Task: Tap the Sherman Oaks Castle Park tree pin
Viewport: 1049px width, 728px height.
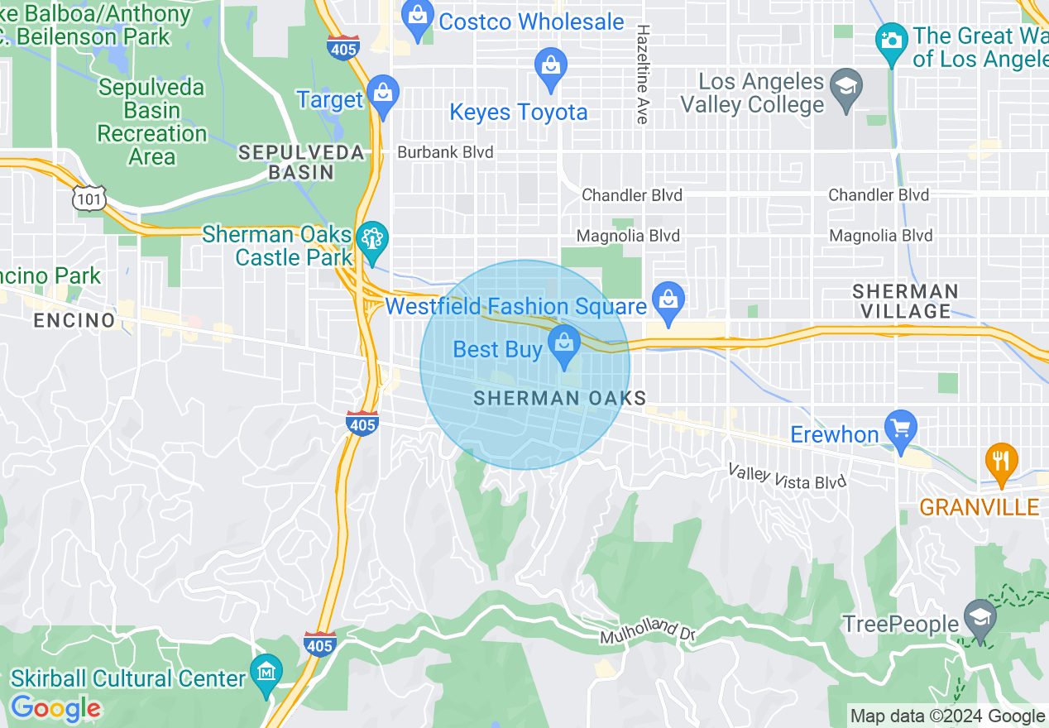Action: (x=372, y=241)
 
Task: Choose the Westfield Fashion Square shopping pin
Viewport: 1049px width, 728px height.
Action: (x=667, y=303)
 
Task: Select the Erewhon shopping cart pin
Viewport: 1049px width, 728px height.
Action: (x=901, y=431)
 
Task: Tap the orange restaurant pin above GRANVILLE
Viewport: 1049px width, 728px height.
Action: (x=1001, y=461)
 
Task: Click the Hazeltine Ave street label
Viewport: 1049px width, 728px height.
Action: (x=642, y=74)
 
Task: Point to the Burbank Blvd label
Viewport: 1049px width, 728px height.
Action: (x=445, y=152)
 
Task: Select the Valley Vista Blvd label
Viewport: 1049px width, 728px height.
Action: (x=787, y=477)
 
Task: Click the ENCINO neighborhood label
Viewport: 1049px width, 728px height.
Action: (x=74, y=320)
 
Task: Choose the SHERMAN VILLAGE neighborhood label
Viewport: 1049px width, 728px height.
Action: (x=905, y=301)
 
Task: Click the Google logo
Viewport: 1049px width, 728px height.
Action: (x=55, y=709)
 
